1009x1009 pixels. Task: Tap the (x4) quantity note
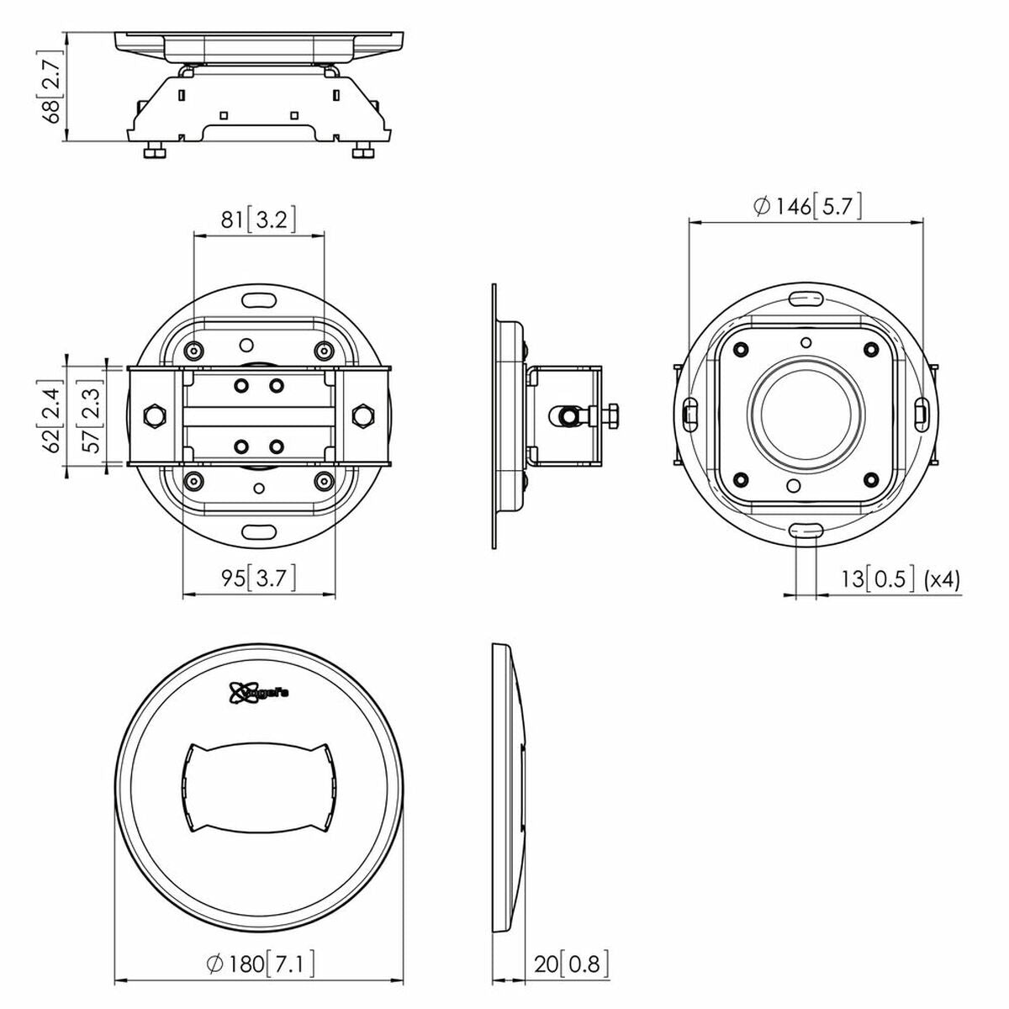tap(941, 578)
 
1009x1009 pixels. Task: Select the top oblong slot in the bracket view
tap(259, 300)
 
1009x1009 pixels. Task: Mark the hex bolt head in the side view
tap(611, 415)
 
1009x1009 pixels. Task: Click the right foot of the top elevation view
tap(362, 151)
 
